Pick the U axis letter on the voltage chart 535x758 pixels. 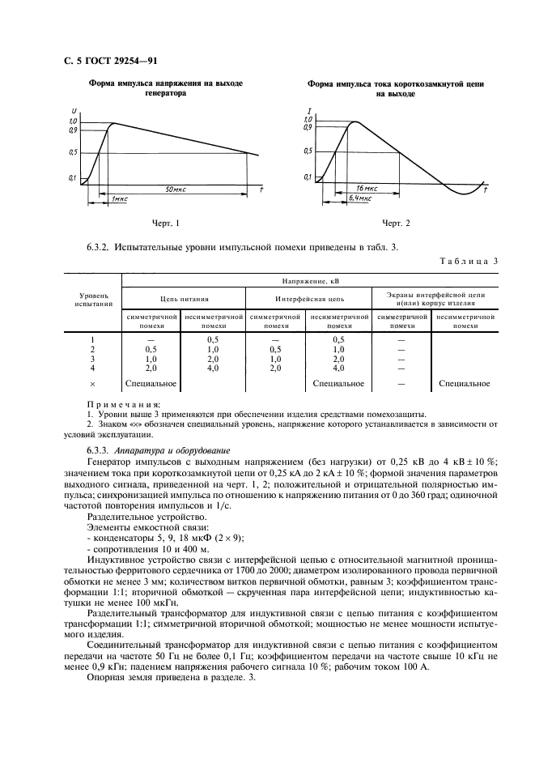[x=74, y=112]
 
